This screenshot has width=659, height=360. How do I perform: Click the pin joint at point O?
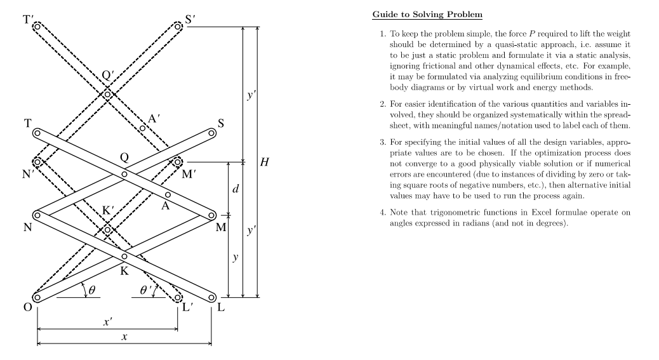point(37,297)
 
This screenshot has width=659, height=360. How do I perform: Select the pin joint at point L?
point(211,297)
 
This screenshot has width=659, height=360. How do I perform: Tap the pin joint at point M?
point(211,215)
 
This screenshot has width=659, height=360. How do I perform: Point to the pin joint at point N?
point(37,215)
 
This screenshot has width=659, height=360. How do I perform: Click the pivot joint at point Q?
point(124,174)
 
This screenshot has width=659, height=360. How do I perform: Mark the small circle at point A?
point(168,194)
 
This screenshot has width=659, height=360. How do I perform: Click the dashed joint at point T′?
point(37,27)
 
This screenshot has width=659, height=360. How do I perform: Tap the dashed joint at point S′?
point(178,27)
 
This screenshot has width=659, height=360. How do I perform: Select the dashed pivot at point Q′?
point(108,95)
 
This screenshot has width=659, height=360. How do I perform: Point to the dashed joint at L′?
point(178,297)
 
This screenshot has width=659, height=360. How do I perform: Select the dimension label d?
point(236,189)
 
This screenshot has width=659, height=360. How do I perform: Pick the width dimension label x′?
point(107,323)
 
